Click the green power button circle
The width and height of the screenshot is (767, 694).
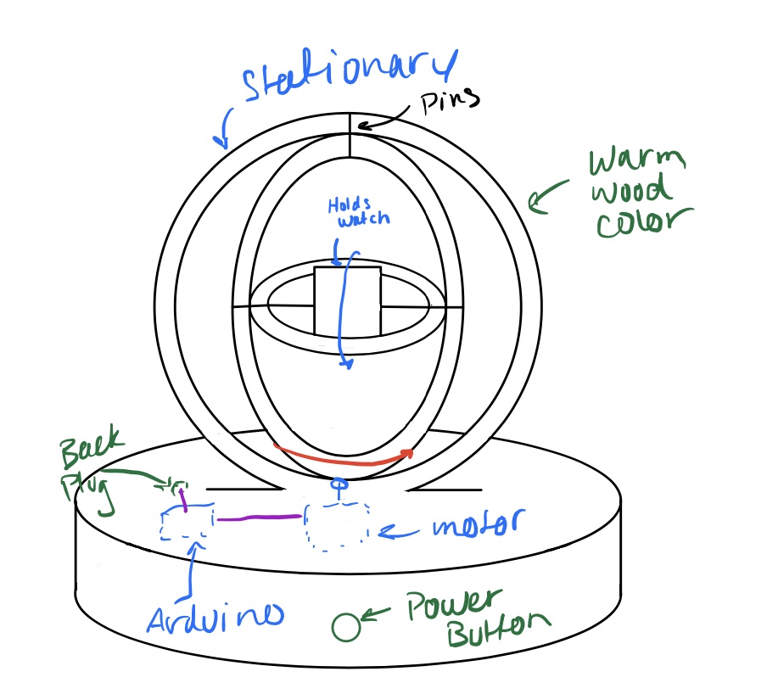click(x=345, y=627)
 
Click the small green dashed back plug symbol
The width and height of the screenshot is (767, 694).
click(x=173, y=485)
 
